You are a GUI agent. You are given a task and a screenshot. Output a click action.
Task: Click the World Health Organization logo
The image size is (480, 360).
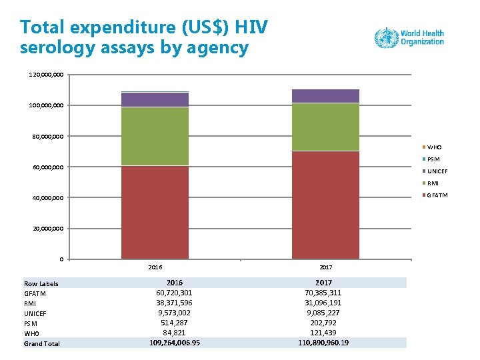point(409,37)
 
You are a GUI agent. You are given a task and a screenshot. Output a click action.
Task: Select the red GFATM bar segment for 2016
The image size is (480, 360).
point(155,212)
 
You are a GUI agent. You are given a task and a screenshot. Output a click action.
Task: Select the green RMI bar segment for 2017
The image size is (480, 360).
point(325,127)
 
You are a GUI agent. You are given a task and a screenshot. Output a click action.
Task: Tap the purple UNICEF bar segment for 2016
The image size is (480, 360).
point(155,99)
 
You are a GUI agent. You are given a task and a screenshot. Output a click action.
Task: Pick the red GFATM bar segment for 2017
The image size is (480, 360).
point(325,205)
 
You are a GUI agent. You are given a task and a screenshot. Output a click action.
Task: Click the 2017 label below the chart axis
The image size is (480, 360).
point(325,267)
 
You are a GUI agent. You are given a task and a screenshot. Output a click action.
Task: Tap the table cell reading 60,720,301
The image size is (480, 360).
point(175,293)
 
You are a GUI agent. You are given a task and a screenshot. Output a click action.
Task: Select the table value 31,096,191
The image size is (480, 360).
point(324,303)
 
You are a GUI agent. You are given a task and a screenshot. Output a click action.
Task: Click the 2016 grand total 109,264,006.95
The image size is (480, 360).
point(175,343)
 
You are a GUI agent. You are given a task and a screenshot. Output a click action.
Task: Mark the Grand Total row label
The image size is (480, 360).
point(42,343)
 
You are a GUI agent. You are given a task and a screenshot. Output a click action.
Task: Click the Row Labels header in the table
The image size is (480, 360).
point(41,283)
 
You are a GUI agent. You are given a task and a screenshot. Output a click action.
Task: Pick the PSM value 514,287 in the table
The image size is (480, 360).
point(175,323)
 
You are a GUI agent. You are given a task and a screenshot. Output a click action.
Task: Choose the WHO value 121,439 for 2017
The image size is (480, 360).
point(324,333)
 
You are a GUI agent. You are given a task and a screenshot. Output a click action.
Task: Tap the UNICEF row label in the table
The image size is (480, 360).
point(35,313)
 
